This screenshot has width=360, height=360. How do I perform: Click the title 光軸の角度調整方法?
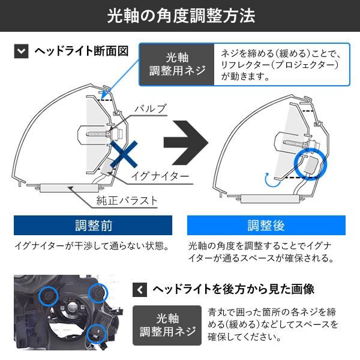[181, 16]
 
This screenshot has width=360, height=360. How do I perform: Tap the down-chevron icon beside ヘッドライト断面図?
[21, 51]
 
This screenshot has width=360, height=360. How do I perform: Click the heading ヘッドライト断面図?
[82, 51]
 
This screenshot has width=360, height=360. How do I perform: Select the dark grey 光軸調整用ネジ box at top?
[177, 65]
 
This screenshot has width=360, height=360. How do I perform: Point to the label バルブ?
[151, 109]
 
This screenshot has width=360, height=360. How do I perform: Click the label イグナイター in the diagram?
[160, 176]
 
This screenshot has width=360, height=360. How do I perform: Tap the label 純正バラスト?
[127, 200]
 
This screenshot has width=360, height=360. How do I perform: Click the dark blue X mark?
[124, 154]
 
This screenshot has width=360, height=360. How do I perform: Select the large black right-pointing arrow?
[186, 143]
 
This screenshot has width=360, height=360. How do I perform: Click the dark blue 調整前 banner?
[93, 225]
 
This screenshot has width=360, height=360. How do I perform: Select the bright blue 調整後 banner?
[266, 225]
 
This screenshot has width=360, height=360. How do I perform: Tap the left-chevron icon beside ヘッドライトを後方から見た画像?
[140, 290]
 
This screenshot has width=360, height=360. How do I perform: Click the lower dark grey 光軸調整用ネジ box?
[167, 325]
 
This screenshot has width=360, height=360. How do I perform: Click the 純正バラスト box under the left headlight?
[68, 188]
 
